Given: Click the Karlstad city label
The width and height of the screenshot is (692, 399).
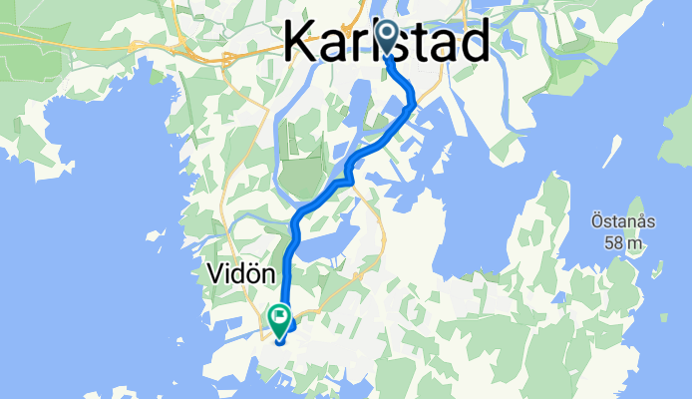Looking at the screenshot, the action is pyautogui.click(x=387, y=42).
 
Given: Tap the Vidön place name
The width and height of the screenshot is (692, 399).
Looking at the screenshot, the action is pyautogui.click(x=237, y=271).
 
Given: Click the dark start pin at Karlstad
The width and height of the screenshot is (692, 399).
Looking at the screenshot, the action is pyautogui.click(x=385, y=39).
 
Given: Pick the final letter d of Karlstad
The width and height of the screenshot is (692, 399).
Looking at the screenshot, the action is pyautogui.click(x=473, y=42).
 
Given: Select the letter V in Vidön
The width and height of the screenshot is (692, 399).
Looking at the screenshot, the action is pyautogui.click(x=213, y=271).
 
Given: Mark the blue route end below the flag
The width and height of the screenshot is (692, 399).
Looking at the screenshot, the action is pyautogui.click(x=279, y=341).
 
